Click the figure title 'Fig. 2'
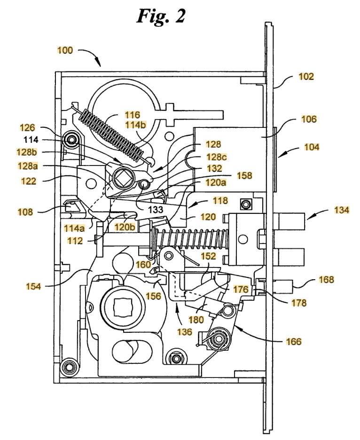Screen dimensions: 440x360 [x=162, y=16]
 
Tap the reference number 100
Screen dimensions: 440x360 [x=65, y=50]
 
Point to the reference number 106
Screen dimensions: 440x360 [x=308, y=119]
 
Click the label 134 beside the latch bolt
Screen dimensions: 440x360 [x=341, y=210]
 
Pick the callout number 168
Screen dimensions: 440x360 [x=325, y=280]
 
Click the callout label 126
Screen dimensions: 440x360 [x=28, y=127]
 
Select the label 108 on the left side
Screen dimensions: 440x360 [x=28, y=212]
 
